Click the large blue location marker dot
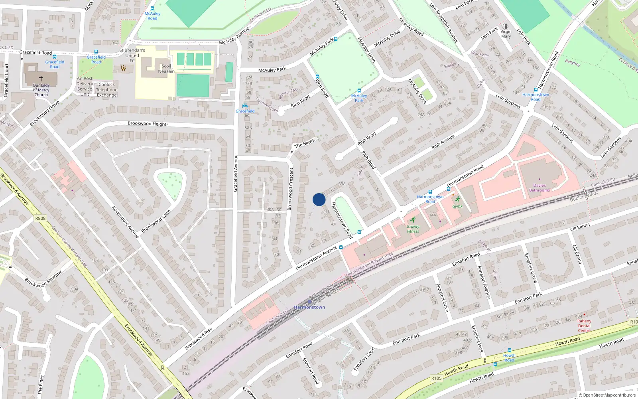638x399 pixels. click(x=319, y=199)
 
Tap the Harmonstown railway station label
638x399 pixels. click(x=309, y=307)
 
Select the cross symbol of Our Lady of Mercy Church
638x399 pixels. click(x=41, y=79)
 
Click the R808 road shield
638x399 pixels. click(x=40, y=218)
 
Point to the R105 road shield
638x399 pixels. click(x=436, y=378)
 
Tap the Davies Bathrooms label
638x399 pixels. click(x=540, y=188)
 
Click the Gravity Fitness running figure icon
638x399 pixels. click(x=413, y=220)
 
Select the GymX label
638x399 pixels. click(x=457, y=206)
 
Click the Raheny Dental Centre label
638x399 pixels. click(x=584, y=326)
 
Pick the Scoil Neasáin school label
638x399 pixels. click(x=166, y=69)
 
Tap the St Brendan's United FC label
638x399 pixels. click(x=132, y=55)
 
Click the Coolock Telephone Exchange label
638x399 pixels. click(x=106, y=90)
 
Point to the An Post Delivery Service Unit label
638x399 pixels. click(x=85, y=87)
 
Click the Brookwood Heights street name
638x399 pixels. click(x=148, y=124)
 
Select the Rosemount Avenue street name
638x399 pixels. click(x=125, y=222)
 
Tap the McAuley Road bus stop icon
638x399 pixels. click(x=152, y=8)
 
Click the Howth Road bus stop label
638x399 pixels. click(x=509, y=358)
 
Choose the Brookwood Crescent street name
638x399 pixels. click(x=291, y=189)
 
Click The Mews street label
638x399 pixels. click(x=304, y=143)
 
